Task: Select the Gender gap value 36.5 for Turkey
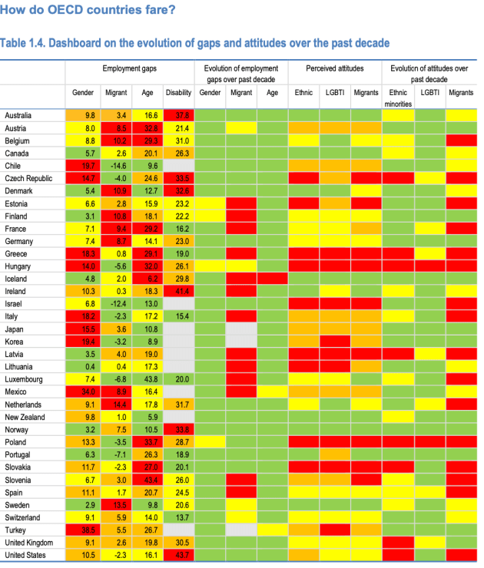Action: click(90, 530)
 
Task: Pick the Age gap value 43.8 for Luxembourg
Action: click(151, 379)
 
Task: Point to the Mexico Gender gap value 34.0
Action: click(90, 391)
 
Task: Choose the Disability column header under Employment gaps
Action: click(178, 93)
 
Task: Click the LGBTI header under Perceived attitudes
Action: click(334, 93)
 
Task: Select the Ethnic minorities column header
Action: click(399, 97)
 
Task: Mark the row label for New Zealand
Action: click(25, 417)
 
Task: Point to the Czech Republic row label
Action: click(28, 178)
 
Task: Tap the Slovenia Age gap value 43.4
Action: click(151, 480)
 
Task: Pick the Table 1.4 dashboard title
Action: click(197, 42)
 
